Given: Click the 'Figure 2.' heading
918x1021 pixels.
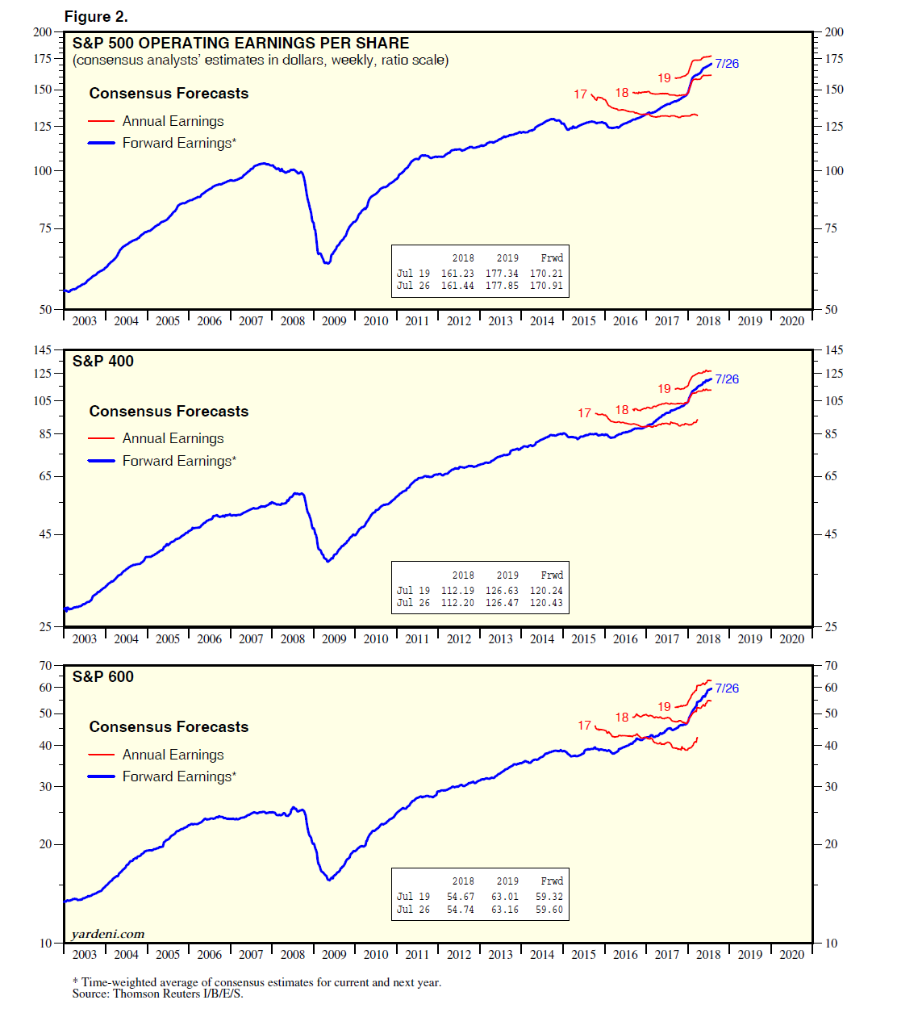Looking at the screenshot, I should (96, 17).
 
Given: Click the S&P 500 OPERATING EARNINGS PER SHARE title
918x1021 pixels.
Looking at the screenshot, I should (240, 44).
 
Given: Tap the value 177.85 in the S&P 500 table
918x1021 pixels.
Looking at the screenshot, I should (502, 286).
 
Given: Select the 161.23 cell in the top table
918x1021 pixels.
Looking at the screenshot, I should (457, 274).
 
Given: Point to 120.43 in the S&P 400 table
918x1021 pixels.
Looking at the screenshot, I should (546, 603).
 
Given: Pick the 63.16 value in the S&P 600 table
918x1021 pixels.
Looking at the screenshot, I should (505, 910).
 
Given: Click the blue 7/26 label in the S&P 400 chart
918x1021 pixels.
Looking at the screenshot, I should (727, 379).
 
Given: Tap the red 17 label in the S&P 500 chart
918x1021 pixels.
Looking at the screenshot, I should (581, 94).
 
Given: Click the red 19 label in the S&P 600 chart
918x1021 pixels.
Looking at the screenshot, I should (664, 707).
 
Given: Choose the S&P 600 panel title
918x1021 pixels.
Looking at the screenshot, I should (103, 677).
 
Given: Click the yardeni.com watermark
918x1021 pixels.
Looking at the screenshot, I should (108, 934).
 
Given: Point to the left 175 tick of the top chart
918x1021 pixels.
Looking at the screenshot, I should (42, 59).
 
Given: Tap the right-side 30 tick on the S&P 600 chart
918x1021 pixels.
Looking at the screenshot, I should (831, 787).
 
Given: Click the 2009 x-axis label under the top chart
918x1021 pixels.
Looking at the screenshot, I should (334, 321).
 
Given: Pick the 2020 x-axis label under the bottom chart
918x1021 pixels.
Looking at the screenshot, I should (791, 955).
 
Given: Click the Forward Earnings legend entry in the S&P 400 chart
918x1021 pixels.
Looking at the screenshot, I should (179, 461).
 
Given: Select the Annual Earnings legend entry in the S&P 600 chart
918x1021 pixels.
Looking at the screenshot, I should (173, 755).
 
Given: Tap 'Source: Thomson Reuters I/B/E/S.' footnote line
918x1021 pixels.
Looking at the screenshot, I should (157, 994).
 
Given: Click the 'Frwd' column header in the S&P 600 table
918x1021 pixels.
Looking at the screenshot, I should (552, 881).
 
